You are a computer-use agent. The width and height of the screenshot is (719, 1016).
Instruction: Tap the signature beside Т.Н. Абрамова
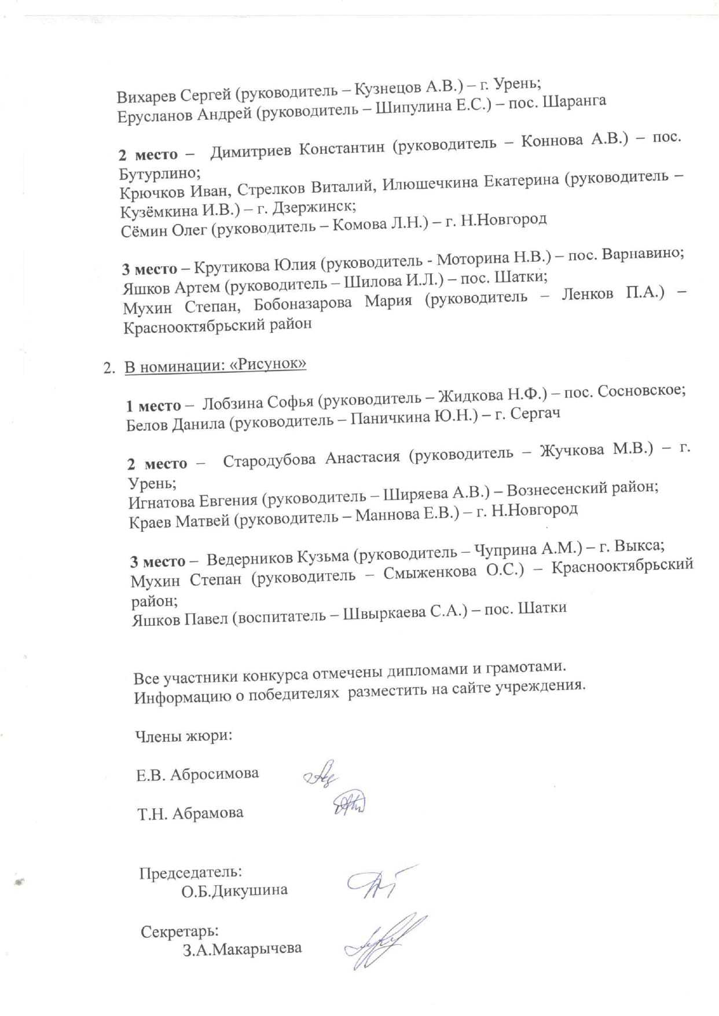(349, 804)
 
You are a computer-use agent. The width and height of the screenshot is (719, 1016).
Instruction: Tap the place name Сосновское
(641, 391)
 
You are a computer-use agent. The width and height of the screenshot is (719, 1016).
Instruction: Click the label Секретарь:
(180, 932)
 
